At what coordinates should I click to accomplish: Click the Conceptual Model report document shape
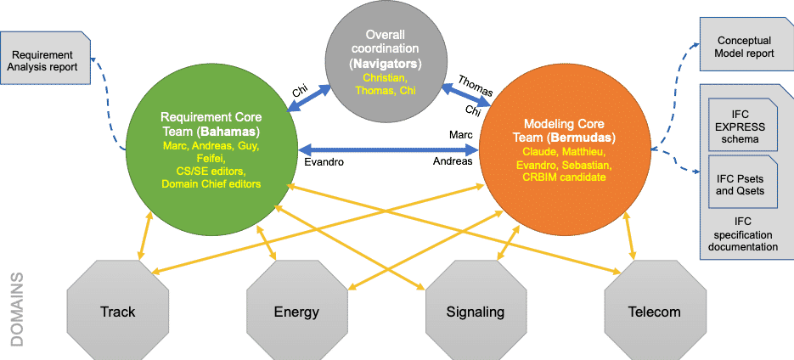tap(745, 47)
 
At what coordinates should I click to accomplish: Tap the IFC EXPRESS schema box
tap(739, 127)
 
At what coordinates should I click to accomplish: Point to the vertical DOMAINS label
tap(16, 309)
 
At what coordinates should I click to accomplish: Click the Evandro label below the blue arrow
tap(324, 161)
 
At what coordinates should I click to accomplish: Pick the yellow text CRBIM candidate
tap(565, 177)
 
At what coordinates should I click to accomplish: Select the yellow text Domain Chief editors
tap(211, 182)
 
